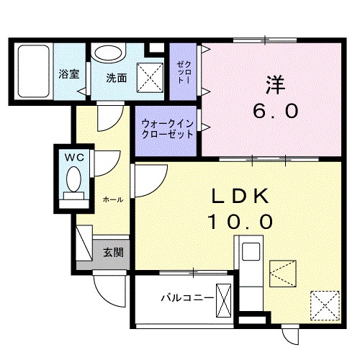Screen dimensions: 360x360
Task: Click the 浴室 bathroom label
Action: pyautogui.click(x=69, y=75)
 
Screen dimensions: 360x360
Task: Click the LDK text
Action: pyautogui.click(x=240, y=197)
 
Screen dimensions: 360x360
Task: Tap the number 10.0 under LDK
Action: pyautogui.click(x=240, y=221)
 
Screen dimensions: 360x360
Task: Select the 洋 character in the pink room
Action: pyautogui.click(x=274, y=85)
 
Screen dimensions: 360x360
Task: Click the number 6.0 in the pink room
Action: pyautogui.click(x=274, y=112)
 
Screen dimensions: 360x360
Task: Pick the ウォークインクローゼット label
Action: pyautogui.click(x=167, y=129)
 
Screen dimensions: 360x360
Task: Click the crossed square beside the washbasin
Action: pyautogui.click(x=150, y=73)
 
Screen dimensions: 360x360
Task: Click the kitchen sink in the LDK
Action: pyautogui.click(x=251, y=253)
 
